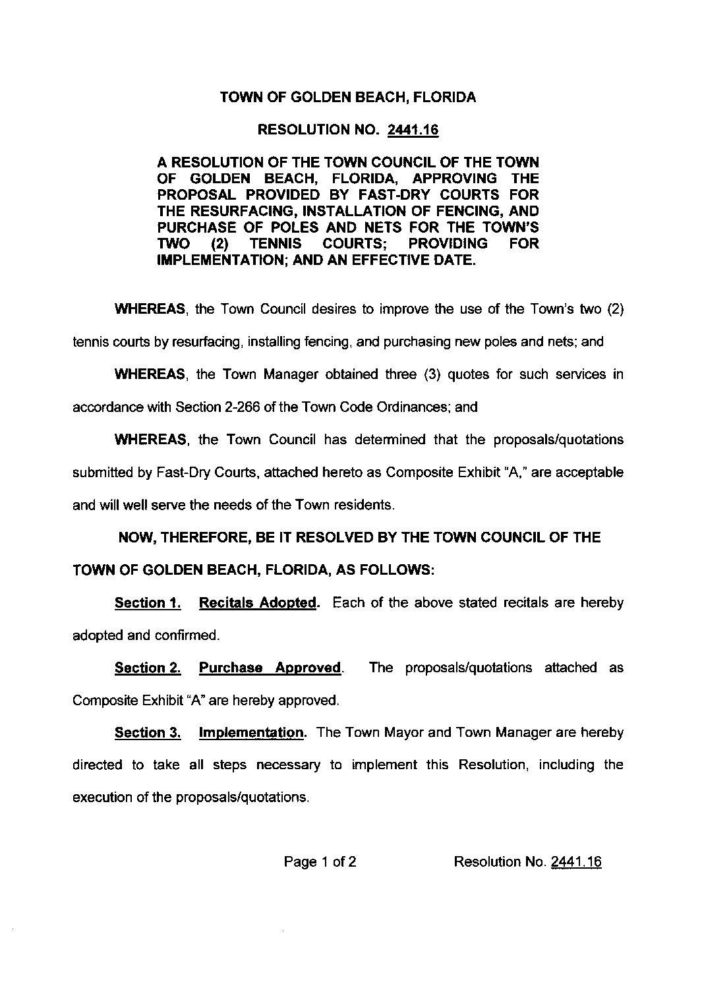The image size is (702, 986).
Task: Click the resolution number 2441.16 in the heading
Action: [x=413, y=130]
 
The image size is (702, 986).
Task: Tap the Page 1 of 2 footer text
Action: [x=320, y=862]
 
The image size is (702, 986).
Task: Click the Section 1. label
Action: [x=148, y=602]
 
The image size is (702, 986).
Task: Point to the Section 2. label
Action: [x=148, y=668]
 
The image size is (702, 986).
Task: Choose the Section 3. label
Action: [x=148, y=733]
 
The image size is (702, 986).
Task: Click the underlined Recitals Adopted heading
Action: [x=257, y=602]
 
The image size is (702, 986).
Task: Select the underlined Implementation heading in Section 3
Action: [x=250, y=733]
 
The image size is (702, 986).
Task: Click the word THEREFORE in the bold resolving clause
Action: [x=206, y=538]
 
